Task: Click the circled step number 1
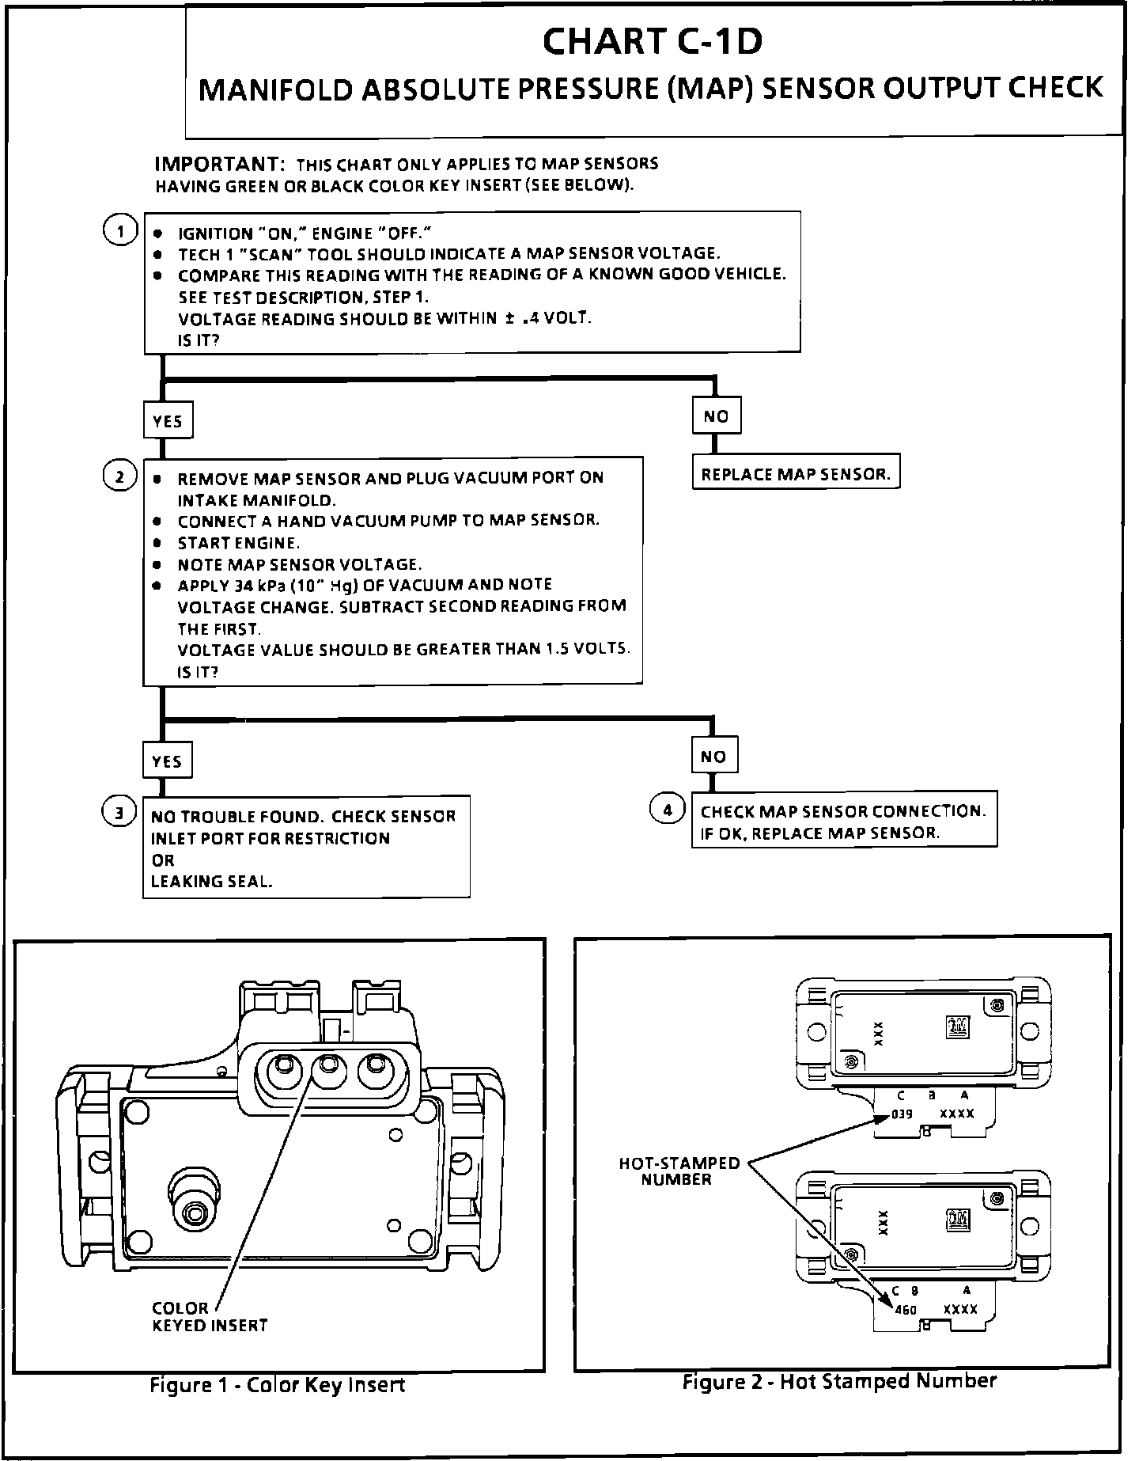pos(119,232)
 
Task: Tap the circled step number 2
pos(119,476)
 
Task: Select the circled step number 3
pos(119,813)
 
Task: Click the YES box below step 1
pos(168,420)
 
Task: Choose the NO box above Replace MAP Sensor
pos(716,416)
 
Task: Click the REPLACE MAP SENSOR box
pos(796,474)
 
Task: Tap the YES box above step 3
pos(167,761)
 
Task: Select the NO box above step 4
pos(713,757)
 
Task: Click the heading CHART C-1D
pos(653,43)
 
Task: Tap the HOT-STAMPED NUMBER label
pos(679,1171)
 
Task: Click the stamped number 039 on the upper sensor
pos(902,1114)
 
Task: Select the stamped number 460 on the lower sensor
pos(905,1310)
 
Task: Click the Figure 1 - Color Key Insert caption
pos(277,1384)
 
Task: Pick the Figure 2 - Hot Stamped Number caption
pos(838,1381)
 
